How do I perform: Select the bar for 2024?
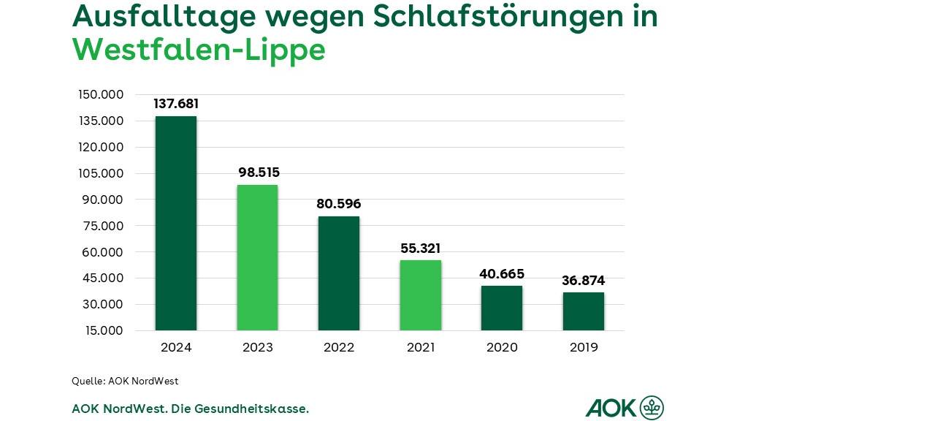pos(176,223)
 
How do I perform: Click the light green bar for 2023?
pos(257,257)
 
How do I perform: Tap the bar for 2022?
pos(339,273)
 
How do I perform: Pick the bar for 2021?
pos(421,295)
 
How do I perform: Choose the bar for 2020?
pos(502,308)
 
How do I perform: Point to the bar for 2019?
pos(584,311)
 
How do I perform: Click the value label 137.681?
pos(176,104)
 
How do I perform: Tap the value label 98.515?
pos(259,172)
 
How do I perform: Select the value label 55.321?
pos(421,249)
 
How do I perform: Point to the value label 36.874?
pos(584,281)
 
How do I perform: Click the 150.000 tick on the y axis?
pos(101,95)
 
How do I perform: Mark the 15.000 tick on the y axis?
pos(104,330)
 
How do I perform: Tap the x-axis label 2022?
pos(339,348)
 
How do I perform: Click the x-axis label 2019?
pos(584,348)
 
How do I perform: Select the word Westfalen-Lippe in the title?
pos(199,50)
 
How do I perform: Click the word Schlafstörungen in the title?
pos(473,16)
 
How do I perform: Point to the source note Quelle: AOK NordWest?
pos(125,382)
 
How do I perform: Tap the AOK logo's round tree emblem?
pos(652,408)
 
